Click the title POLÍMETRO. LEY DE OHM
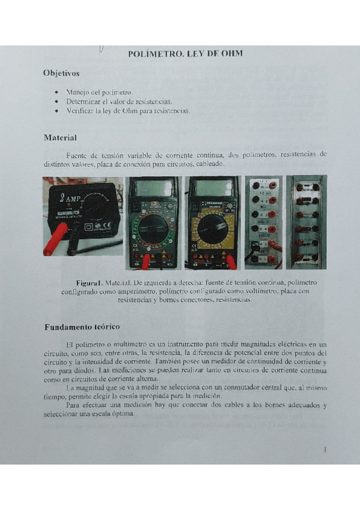(185, 54)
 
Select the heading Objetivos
(61, 73)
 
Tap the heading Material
(60, 138)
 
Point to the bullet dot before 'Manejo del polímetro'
(56, 93)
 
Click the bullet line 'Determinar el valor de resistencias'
(119, 102)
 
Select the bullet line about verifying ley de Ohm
(128, 111)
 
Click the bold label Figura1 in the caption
(90, 282)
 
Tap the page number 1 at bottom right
(325, 449)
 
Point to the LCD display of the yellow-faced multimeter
(212, 188)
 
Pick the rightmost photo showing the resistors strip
(307, 222)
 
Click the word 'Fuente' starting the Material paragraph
(78, 155)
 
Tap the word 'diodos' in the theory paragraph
(78, 371)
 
